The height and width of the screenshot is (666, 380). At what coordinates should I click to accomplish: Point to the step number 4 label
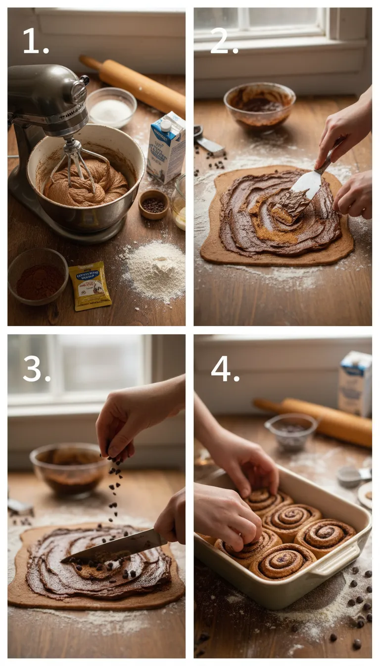[x=225, y=369]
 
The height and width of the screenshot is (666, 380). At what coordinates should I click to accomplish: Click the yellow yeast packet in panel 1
[x=90, y=285]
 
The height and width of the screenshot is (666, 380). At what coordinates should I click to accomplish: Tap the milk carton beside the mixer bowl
[x=166, y=148]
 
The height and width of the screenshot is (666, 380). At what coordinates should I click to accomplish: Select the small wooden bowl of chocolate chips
[x=153, y=204]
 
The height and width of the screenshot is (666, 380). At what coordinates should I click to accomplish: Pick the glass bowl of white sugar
[x=111, y=108]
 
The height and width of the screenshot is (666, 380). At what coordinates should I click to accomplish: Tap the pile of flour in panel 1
[x=154, y=270]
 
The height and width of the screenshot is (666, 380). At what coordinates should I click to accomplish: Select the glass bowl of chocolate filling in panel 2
[x=259, y=106]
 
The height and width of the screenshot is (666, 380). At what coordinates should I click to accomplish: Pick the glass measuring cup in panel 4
[x=290, y=431]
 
